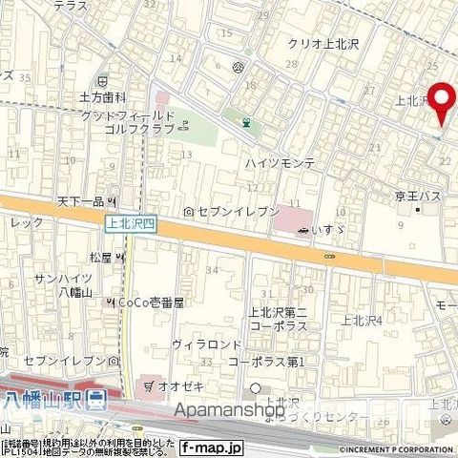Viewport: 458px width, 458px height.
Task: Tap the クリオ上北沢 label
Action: [x=324, y=44]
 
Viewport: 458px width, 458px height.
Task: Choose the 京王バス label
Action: [x=417, y=196]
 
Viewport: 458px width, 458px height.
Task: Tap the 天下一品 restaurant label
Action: [x=80, y=201]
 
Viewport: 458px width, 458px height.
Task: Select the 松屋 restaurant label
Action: [x=101, y=258]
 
